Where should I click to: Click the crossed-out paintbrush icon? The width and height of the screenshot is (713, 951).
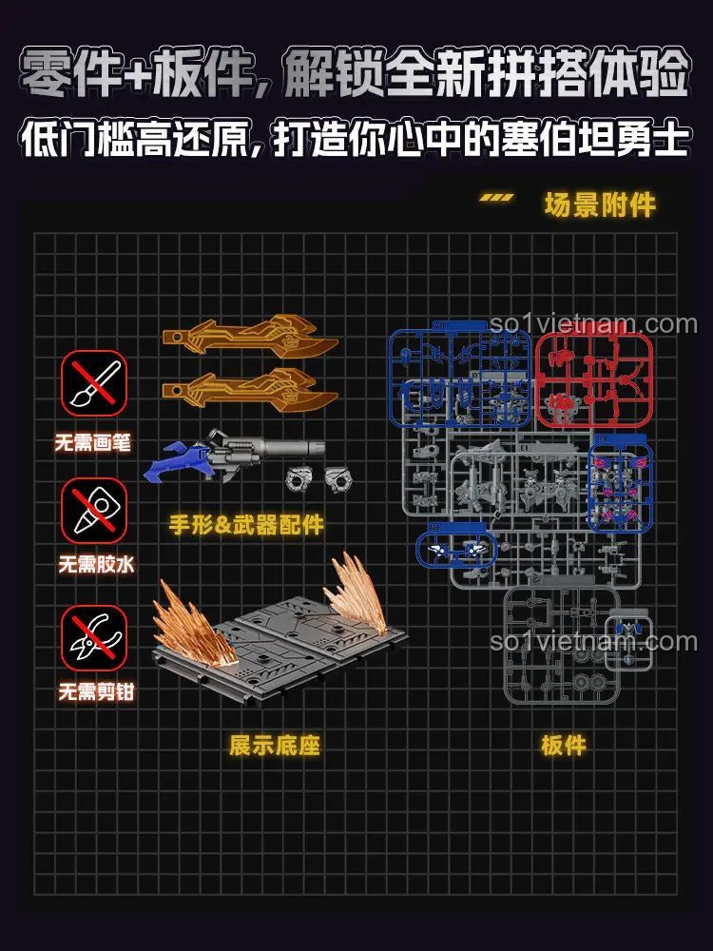[94, 384]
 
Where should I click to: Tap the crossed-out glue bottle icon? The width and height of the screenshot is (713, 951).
[94, 511]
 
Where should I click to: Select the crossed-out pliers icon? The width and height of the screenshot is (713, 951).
[94, 639]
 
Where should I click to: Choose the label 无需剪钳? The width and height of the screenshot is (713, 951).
[94, 692]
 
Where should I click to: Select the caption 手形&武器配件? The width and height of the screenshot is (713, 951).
[246, 524]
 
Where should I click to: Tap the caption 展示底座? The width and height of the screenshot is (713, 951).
[274, 745]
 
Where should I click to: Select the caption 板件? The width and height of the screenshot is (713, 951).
[563, 745]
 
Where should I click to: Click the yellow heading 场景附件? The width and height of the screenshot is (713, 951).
[600, 204]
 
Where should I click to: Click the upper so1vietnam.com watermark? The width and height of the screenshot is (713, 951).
[593, 325]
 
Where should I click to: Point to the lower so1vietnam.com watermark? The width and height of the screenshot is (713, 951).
[593, 642]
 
